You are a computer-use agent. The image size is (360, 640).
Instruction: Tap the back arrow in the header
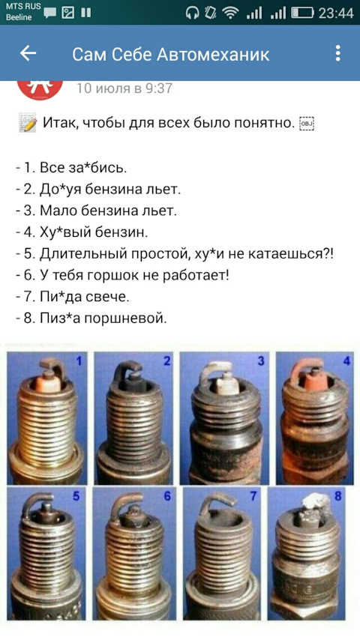click(28, 53)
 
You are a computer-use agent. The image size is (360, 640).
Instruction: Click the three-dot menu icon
click(337, 53)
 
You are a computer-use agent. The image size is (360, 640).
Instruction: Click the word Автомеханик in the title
click(213, 54)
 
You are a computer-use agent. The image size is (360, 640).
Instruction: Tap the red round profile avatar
click(40, 88)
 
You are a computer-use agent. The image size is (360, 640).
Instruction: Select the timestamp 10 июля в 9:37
click(124, 88)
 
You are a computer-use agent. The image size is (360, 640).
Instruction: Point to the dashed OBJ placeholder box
click(307, 123)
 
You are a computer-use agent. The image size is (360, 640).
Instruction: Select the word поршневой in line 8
click(125, 318)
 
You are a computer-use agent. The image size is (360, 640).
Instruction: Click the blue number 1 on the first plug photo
click(79, 360)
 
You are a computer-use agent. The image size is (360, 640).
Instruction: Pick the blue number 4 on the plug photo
click(347, 360)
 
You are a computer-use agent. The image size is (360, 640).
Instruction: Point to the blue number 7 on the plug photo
click(253, 496)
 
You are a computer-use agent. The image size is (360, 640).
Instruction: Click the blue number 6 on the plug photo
click(167, 496)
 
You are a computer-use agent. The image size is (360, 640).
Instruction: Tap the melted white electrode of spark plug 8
click(316, 501)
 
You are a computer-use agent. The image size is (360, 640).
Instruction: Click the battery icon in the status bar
click(302, 13)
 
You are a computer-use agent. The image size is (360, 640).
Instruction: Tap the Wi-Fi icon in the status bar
click(231, 13)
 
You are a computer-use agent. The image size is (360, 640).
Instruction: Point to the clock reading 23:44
click(336, 13)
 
